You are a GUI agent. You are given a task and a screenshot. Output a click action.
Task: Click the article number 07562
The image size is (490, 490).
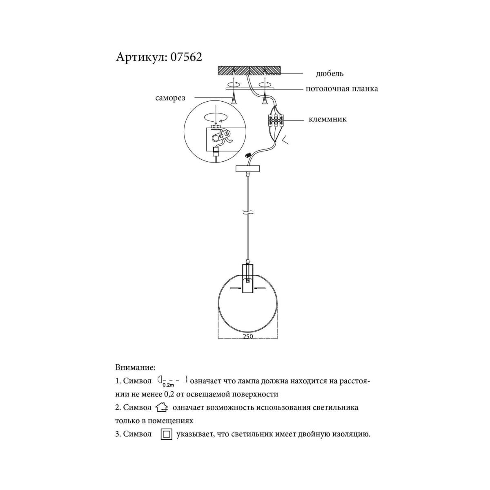click(x=186, y=57)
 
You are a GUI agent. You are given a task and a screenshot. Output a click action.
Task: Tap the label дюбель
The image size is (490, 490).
click(x=330, y=73)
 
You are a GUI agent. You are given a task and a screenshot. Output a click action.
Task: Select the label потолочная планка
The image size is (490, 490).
click(x=342, y=89)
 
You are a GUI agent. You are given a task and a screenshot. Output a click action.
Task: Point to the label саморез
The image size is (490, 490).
click(x=170, y=98)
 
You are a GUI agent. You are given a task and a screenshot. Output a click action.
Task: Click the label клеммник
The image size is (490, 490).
click(x=327, y=119)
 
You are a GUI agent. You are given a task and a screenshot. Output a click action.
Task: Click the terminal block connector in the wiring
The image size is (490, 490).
click(x=275, y=120)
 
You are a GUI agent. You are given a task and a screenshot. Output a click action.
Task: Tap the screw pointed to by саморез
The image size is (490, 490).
click(x=234, y=99)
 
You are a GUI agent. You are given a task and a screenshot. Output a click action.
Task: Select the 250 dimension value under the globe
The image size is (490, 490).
click(x=248, y=336)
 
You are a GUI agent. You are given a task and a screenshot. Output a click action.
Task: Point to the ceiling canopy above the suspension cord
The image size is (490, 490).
click(x=248, y=168)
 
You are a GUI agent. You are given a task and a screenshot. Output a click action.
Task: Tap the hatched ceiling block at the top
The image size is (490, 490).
click(x=249, y=70)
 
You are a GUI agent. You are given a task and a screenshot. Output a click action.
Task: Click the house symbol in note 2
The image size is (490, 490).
click(x=162, y=407)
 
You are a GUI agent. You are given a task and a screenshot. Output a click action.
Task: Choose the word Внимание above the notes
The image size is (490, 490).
click(x=135, y=367)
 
